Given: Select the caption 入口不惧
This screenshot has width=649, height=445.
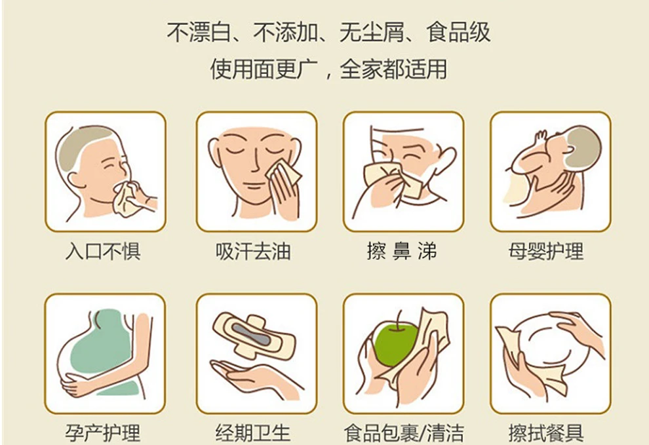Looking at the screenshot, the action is (x=104, y=251).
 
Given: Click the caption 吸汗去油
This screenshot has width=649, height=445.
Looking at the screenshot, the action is (x=253, y=251).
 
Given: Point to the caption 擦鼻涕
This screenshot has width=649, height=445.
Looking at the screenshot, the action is (x=401, y=251).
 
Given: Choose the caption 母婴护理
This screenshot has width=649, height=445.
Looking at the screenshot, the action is (x=546, y=251).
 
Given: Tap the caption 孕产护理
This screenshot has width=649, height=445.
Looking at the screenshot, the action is (x=103, y=433).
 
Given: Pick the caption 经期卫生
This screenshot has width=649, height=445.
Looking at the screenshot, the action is (x=253, y=433).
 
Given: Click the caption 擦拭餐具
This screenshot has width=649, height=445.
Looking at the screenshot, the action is (x=546, y=433).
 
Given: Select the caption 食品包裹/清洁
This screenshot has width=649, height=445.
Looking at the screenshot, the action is (x=404, y=433).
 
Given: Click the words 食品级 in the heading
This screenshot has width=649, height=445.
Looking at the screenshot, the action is (x=459, y=32).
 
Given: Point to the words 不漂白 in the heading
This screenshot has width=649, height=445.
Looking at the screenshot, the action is (x=199, y=32).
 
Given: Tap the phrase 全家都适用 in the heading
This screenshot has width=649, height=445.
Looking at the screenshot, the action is (x=393, y=69).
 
